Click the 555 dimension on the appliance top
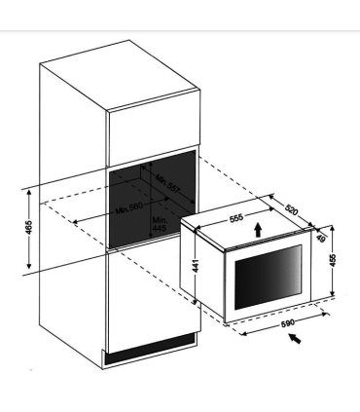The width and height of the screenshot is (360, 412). [x=236, y=219]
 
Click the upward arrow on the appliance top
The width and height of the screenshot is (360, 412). [x=257, y=228]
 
